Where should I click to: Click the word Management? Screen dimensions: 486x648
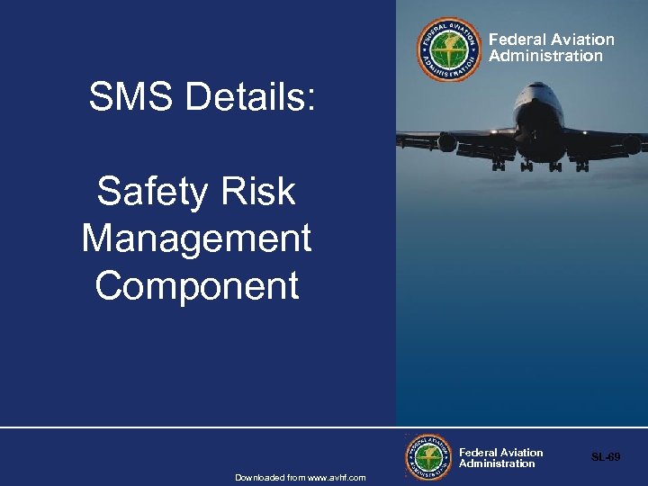(196, 238)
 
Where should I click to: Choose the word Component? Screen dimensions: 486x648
(196, 286)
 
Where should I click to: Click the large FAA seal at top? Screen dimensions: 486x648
(449, 49)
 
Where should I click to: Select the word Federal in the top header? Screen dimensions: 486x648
(516, 40)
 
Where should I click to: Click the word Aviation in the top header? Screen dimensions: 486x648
(582, 40)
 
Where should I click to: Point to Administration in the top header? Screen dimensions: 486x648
(545, 56)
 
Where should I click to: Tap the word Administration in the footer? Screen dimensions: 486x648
(497, 463)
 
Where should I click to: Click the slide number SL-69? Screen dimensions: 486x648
(606, 457)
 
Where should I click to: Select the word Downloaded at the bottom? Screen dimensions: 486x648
(259, 477)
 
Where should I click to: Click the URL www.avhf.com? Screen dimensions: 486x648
(338, 477)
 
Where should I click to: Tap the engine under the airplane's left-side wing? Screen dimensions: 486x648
(447, 142)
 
